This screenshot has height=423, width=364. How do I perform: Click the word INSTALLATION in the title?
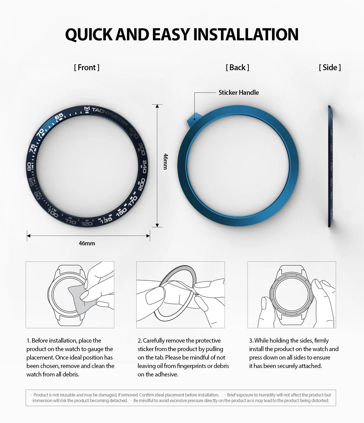coord(245,34)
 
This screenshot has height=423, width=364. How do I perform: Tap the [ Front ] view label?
coord(87,67)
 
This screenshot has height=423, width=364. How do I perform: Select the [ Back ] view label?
coord(237,67)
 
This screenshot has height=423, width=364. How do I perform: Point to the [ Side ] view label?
coord(330,67)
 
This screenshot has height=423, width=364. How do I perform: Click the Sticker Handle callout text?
coord(238,92)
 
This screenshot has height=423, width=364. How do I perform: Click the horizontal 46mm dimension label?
coord(87,243)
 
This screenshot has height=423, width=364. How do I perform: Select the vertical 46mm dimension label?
coord(166,161)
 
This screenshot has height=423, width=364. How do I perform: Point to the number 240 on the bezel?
coord(144,166)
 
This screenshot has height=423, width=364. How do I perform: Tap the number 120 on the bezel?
coord(86,224)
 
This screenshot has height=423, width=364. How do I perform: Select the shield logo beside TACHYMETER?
coord(87,109)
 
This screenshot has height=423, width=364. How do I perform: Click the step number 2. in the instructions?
coord(140,341)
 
